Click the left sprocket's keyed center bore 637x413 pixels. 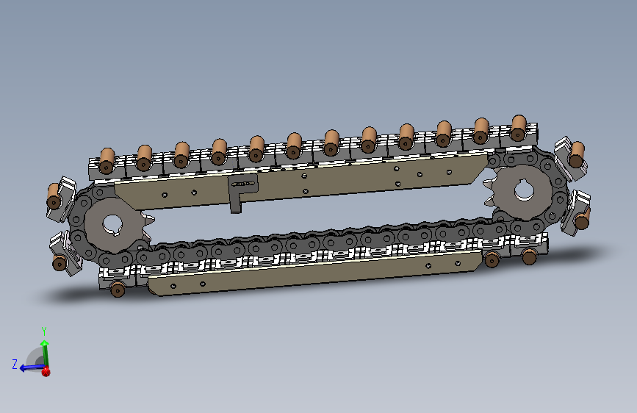pos(112,225)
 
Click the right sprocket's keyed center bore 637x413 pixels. pos(524,190)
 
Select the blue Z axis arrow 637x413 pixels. pos(32,368)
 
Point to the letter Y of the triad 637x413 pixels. pos(44,331)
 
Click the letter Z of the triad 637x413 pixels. pos(15,364)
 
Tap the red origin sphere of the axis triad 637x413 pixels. pos(46,371)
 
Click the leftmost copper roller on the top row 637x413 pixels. pos(107,161)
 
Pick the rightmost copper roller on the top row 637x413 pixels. pos(519,128)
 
